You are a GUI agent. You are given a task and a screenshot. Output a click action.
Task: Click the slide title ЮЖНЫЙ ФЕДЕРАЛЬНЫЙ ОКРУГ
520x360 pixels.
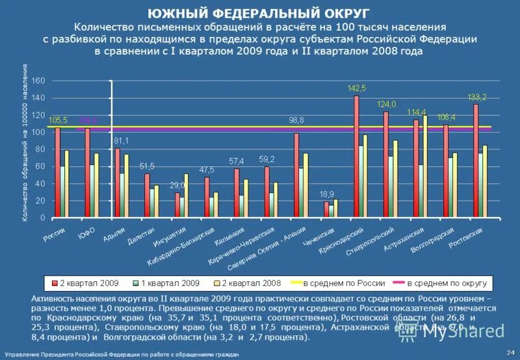tap(259, 13)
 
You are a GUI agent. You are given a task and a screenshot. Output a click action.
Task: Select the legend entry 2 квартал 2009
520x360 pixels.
tap(85, 283)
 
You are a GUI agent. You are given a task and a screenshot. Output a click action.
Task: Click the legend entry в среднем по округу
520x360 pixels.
tap(447, 283)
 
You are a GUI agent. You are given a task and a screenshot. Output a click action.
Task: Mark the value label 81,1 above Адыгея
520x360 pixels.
tap(120, 140)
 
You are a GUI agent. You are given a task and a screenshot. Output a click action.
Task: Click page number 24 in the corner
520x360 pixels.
tap(510, 352)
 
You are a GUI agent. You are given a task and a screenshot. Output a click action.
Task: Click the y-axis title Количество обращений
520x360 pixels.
tap(27, 143)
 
